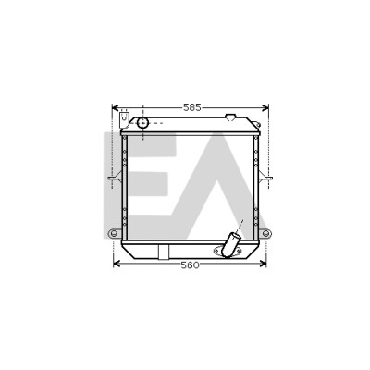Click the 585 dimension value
click(192, 107)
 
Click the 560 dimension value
click(191, 265)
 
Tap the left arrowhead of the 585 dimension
click(116, 107)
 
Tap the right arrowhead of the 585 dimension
click(265, 107)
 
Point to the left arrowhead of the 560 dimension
click(117, 264)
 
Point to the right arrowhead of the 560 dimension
click(263, 264)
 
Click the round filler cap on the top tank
click(142, 123)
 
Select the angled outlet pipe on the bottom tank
click(229, 245)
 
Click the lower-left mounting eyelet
click(113, 233)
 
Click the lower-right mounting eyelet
click(265, 233)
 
